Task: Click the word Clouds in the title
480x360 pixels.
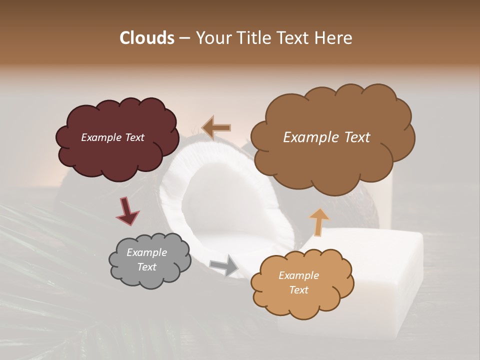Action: (146, 38)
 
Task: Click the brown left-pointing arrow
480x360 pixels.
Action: (217, 127)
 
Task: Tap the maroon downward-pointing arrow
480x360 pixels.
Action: (127, 210)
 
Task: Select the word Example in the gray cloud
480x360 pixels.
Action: (146, 252)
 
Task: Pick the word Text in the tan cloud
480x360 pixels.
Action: (298, 290)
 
